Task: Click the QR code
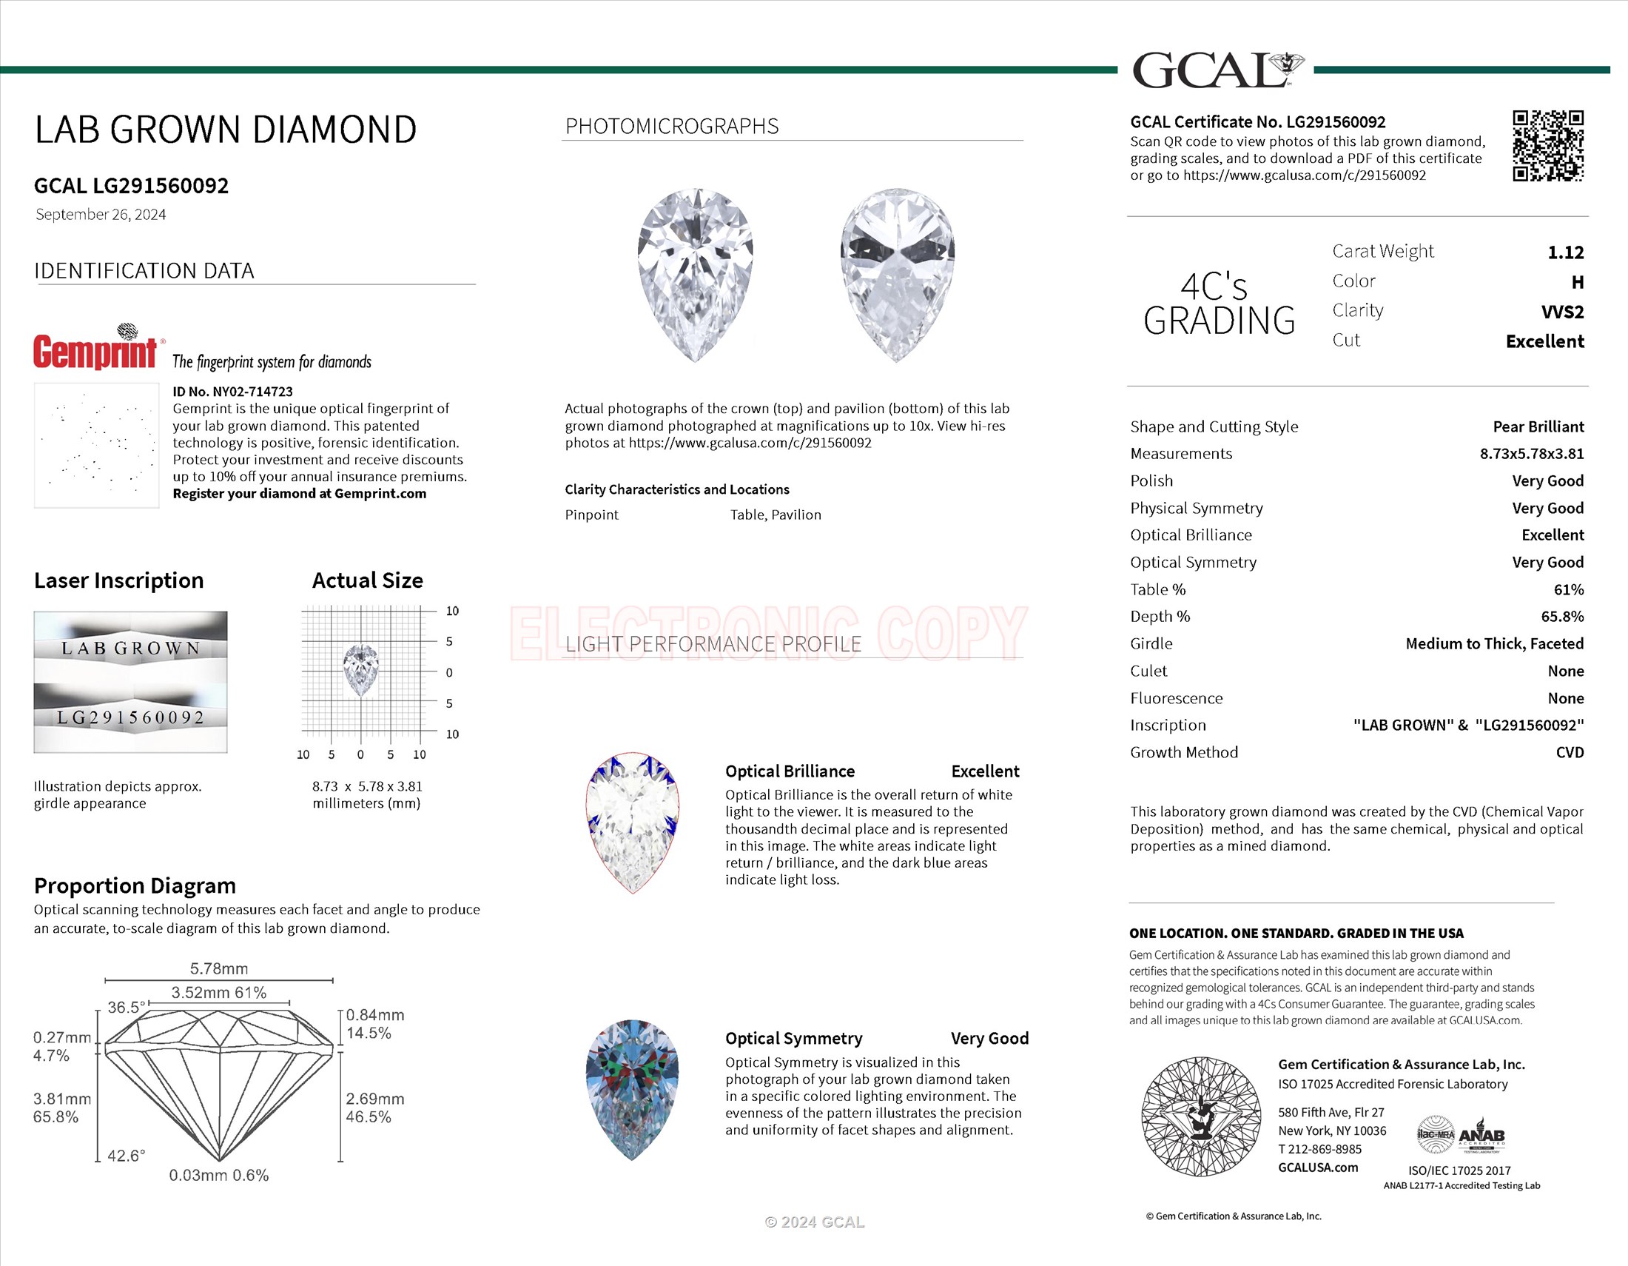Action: point(1547,146)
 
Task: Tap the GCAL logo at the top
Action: point(1217,70)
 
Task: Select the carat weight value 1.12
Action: point(1564,252)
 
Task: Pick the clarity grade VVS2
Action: point(1561,312)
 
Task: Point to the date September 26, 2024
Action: point(101,215)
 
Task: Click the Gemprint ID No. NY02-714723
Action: point(232,392)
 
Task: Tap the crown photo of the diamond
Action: point(695,275)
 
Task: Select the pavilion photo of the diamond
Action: point(897,275)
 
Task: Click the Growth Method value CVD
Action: point(1569,752)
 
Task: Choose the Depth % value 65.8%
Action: point(1561,617)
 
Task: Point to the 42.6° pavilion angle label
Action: point(126,1156)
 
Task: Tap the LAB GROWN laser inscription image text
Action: point(131,648)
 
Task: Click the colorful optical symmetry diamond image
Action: point(632,1089)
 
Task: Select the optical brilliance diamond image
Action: point(632,823)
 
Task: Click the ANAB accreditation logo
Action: point(1481,1136)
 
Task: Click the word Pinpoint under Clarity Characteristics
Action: point(591,515)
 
